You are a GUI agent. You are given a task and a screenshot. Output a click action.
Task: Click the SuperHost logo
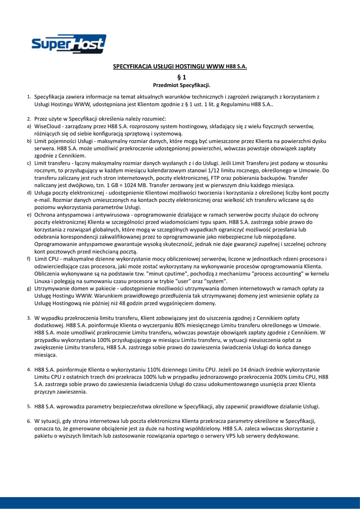tap(69, 45)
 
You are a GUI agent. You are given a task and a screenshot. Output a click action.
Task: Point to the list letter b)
tap(29, 141)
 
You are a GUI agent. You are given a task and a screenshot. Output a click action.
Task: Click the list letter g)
tap(29, 288)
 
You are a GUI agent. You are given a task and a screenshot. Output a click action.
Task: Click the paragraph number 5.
tap(29, 406)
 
